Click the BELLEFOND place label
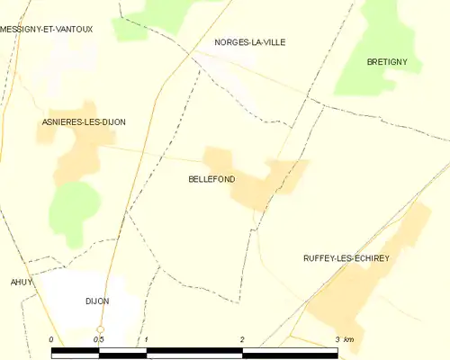coord(211,179)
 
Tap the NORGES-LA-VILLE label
coord(249,42)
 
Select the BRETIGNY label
coord(388,61)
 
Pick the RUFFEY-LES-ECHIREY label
coord(346,258)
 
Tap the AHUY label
coord(21,282)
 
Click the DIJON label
coord(96,301)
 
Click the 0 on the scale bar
coord(52,339)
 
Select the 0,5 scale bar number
coord(98,339)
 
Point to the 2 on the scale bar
coord(241,339)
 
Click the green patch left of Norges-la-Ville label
coord(171,15)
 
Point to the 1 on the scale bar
coord(146,339)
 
